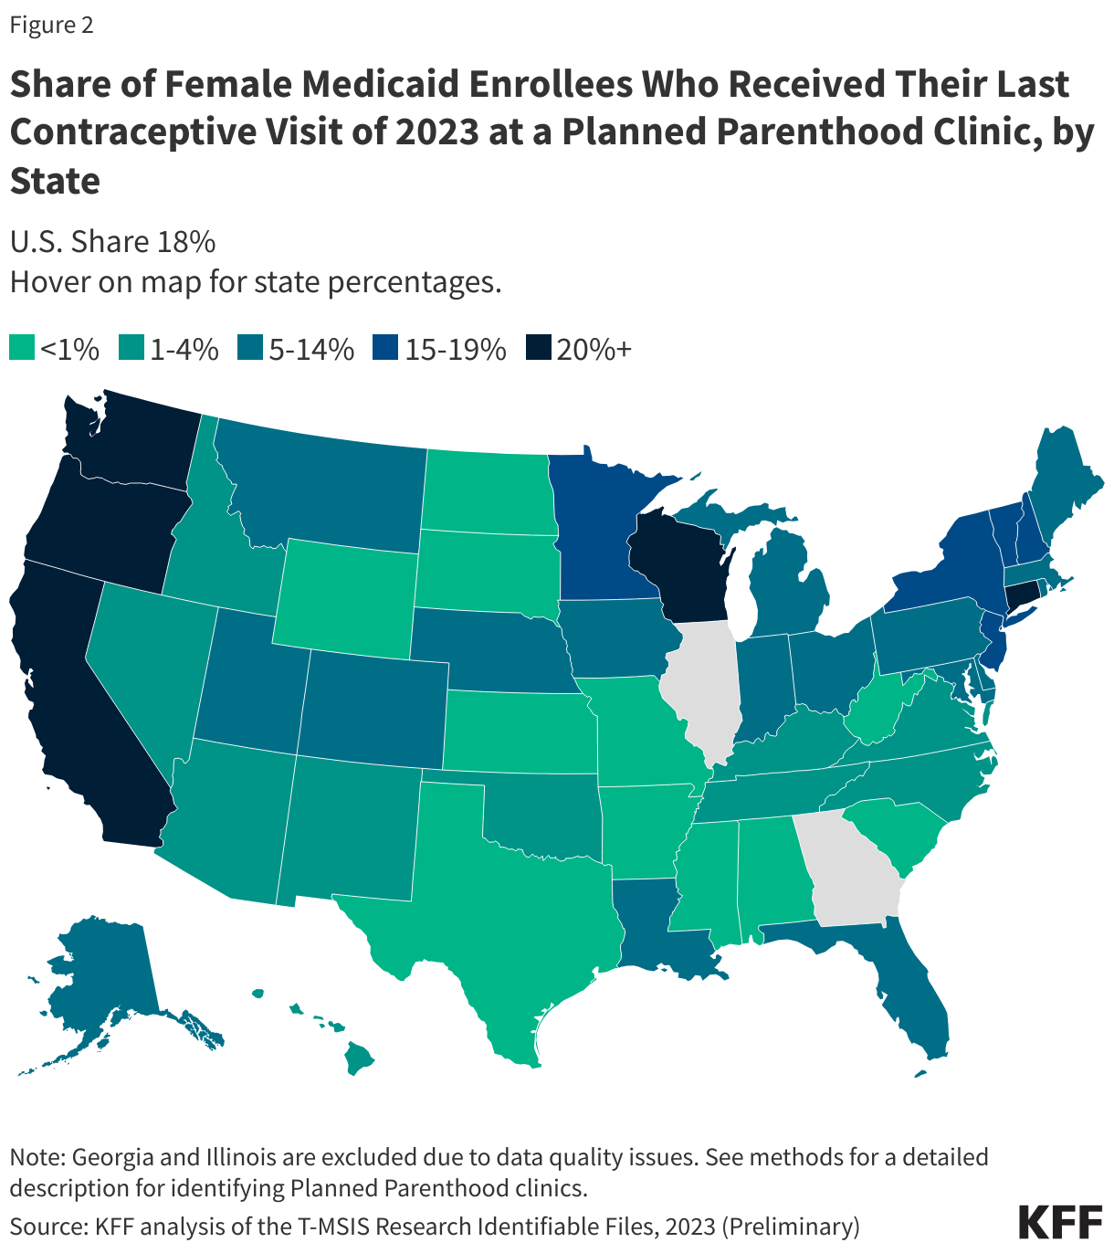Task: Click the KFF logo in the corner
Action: pos(1059,1222)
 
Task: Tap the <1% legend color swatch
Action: pos(22,349)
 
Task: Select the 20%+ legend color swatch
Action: pos(540,349)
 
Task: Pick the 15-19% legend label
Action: pos(455,349)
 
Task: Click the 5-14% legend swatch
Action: pos(249,349)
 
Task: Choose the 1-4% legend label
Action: pos(184,349)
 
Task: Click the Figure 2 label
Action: pos(51,25)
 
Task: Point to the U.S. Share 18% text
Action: pos(112,242)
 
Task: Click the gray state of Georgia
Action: pos(849,868)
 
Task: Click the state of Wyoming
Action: pos(342,598)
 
